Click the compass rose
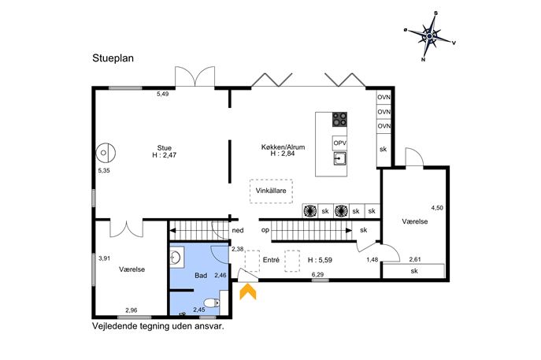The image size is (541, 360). pos(429,36)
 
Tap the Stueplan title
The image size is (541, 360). pos(113,58)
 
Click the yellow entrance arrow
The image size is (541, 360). pos(248,291)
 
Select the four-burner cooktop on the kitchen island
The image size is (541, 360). pos(339,119)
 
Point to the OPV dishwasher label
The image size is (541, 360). pos(340,143)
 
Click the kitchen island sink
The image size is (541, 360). pos(340,158)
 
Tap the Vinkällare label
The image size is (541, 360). pos(271,191)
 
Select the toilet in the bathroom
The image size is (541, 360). pos(212,302)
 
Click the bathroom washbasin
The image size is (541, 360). pos(176,258)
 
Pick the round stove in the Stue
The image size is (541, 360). pos(106,152)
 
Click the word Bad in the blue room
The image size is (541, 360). pos(201,276)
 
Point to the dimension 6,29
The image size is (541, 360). pos(318,274)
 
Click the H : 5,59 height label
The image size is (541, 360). pos(320,260)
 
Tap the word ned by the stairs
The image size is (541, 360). pos(238,230)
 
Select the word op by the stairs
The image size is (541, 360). pos(265,230)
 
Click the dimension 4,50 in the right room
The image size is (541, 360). pos(437,208)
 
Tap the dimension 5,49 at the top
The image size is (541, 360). pos(163,94)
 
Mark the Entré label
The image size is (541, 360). pos(271,260)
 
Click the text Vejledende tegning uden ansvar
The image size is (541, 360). pos(158,326)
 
